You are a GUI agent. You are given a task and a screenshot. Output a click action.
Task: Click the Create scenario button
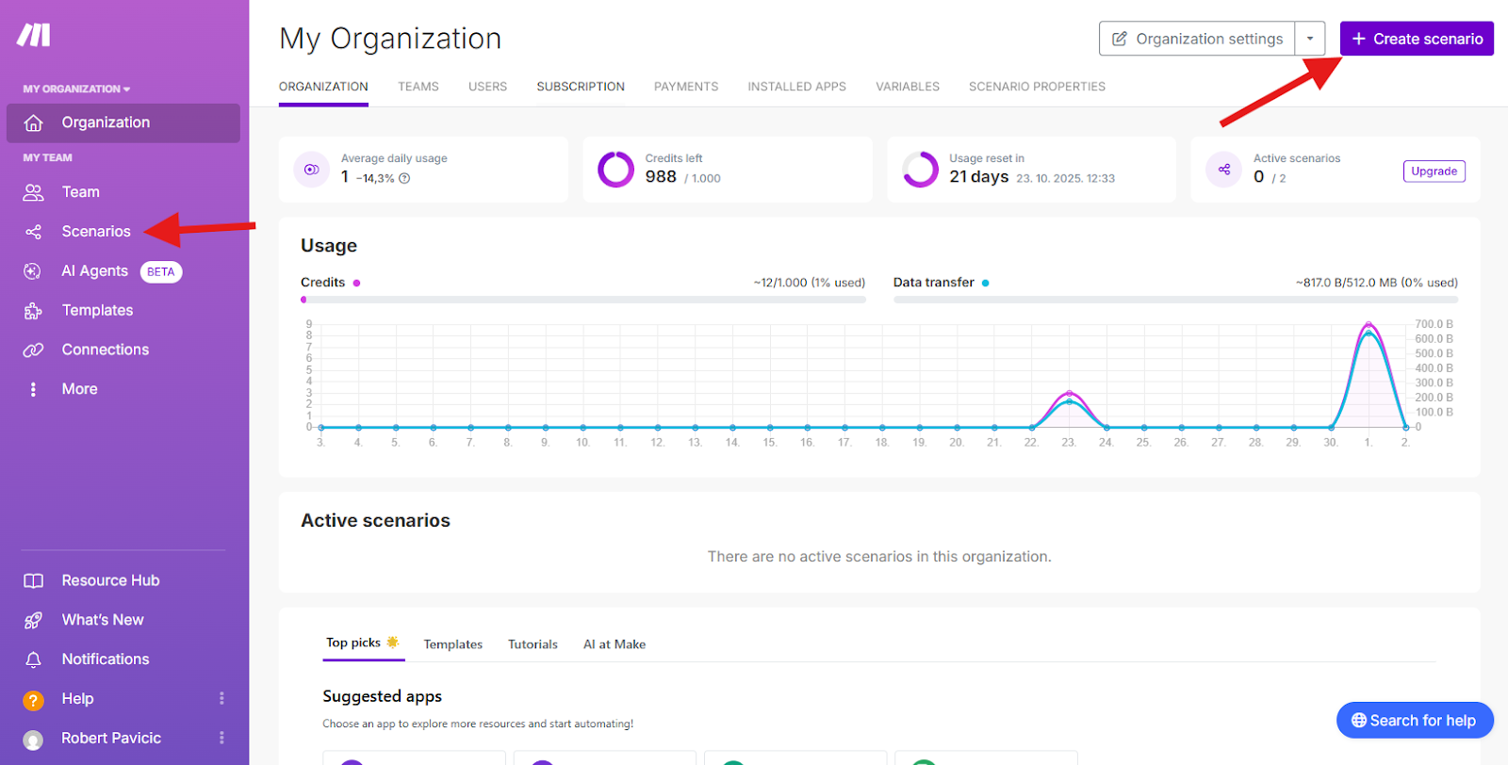pyautogui.click(x=1417, y=39)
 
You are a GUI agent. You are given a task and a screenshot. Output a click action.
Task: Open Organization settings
pyautogui.click(x=1197, y=39)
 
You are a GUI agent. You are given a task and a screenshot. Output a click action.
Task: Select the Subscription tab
pyautogui.click(x=581, y=86)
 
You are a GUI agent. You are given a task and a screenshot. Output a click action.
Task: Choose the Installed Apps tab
pyautogui.click(x=796, y=86)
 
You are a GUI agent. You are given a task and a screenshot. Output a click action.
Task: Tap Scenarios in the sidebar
pyautogui.click(x=95, y=232)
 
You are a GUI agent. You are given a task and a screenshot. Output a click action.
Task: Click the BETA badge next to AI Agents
pyautogui.click(x=161, y=272)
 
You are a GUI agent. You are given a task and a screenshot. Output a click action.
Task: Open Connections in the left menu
pyautogui.click(x=105, y=350)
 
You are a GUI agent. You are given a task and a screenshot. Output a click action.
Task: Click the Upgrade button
pyautogui.click(x=1434, y=171)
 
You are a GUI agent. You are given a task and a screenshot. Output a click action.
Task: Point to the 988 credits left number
pyautogui.click(x=661, y=177)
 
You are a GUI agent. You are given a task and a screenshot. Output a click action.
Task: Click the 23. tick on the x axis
pyautogui.click(x=1069, y=443)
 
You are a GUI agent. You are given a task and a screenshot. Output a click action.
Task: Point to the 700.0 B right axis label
pyautogui.click(x=1434, y=324)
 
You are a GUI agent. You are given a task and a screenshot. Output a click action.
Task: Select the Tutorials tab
pyautogui.click(x=533, y=643)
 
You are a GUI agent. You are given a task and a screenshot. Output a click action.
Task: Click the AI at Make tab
pyautogui.click(x=614, y=643)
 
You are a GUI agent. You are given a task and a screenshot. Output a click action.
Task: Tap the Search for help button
pyautogui.click(x=1415, y=720)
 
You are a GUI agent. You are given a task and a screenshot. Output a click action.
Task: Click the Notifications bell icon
pyautogui.click(x=33, y=659)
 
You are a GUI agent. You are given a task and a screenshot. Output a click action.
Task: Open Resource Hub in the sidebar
pyautogui.click(x=110, y=580)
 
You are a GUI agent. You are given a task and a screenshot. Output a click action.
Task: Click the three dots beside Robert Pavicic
pyautogui.click(x=221, y=738)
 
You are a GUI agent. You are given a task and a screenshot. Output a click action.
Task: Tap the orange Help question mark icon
pyautogui.click(x=33, y=700)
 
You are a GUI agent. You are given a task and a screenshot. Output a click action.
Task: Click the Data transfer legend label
pyautogui.click(x=933, y=283)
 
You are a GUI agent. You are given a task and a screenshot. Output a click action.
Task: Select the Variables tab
pyautogui.click(x=907, y=86)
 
